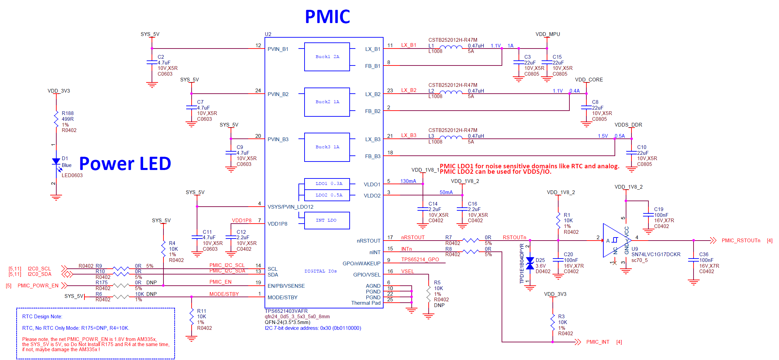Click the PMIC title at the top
(327, 17)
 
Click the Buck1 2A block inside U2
(327, 57)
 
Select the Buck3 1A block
(327, 147)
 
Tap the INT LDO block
(327, 220)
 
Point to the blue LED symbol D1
(56, 162)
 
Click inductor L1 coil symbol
(451, 47)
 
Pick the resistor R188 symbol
(56, 119)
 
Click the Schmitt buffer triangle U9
(615, 240)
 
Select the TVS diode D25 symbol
(530, 263)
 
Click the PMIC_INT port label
(598, 342)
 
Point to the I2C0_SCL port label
(39, 269)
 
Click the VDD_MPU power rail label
(547, 34)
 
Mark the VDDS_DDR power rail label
(628, 125)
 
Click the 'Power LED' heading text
(125, 164)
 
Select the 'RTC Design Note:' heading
(42, 317)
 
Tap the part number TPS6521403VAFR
(286, 311)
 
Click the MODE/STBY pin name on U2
(283, 298)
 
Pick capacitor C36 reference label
(704, 254)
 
